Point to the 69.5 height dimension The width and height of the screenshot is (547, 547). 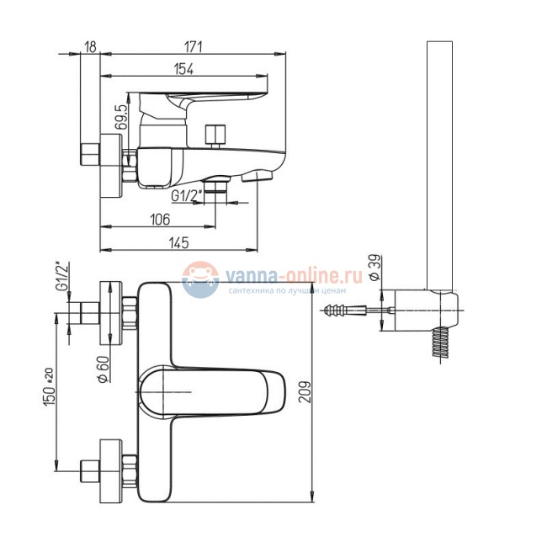(123, 114)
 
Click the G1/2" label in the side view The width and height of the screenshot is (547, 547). (185, 196)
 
